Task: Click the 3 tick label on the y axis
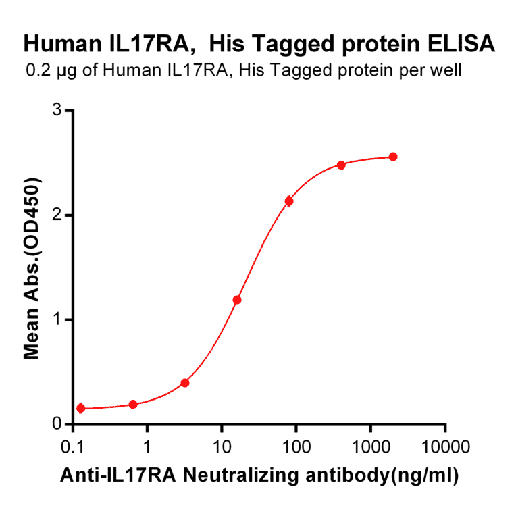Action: pyautogui.click(x=57, y=110)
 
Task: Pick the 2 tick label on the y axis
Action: pyautogui.click(x=57, y=215)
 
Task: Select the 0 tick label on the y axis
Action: pyautogui.click(x=57, y=424)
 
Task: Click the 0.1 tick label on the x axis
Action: pyautogui.click(x=72, y=446)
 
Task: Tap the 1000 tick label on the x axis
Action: pyautogui.click(x=370, y=446)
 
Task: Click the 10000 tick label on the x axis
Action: pyautogui.click(x=444, y=446)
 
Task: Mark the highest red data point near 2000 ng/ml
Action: pyautogui.click(x=393, y=157)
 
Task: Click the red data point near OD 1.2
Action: pyautogui.click(x=237, y=300)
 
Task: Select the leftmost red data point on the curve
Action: pyautogui.click(x=81, y=408)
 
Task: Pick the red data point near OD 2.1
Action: pyautogui.click(x=289, y=201)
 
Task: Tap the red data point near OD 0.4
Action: pyautogui.click(x=185, y=383)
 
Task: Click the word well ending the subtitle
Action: pyautogui.click(x=446, y=70)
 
